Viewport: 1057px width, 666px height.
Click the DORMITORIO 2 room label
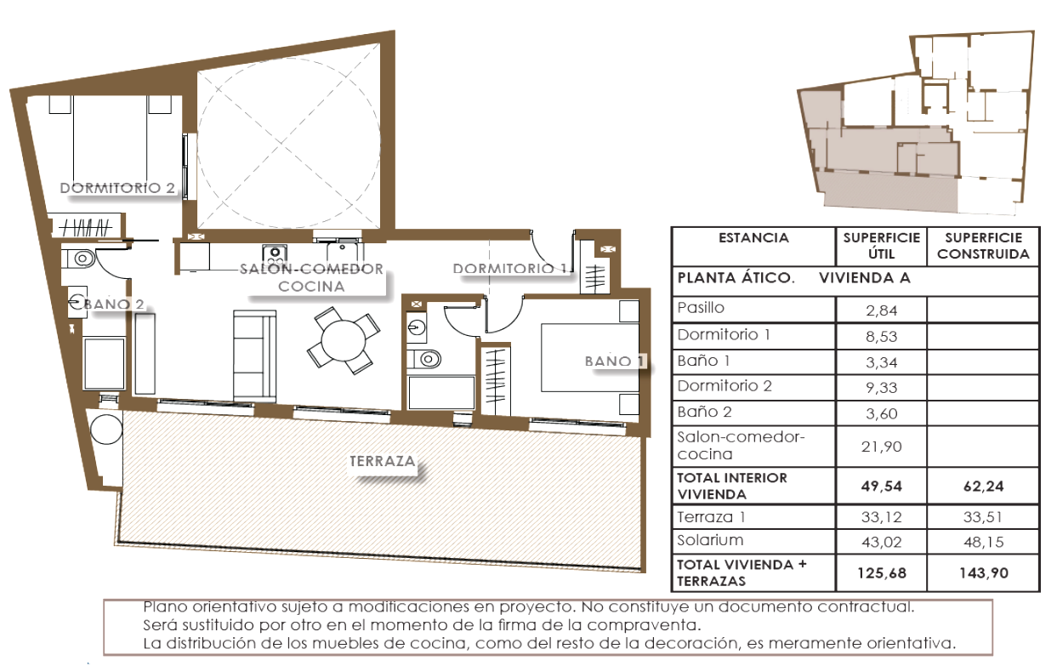coord(117,188)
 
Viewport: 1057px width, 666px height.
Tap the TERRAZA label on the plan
coord(382,461)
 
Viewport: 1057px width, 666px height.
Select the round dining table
coord(343,341)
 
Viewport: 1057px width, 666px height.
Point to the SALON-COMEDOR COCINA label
coord(311,277)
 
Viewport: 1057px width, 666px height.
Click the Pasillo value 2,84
coord(881,310)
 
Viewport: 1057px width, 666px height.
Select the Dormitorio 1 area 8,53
coord(881,337)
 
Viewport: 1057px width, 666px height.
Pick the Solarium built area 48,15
coord(983,542)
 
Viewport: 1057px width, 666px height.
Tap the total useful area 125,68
coord(882,573)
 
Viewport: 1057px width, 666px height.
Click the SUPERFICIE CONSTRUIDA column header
coord(983,246)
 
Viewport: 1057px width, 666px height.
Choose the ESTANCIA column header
coord(753,238)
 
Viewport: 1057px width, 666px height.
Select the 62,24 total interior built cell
coord(983,487)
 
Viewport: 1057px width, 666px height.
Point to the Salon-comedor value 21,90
coord(881,447)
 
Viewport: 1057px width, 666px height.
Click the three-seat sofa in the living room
coord(255,356)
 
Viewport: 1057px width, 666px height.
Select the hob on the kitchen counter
coord(275,255)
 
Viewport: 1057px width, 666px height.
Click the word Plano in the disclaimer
coord(165,607)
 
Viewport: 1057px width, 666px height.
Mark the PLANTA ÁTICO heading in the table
coord(736,278)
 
